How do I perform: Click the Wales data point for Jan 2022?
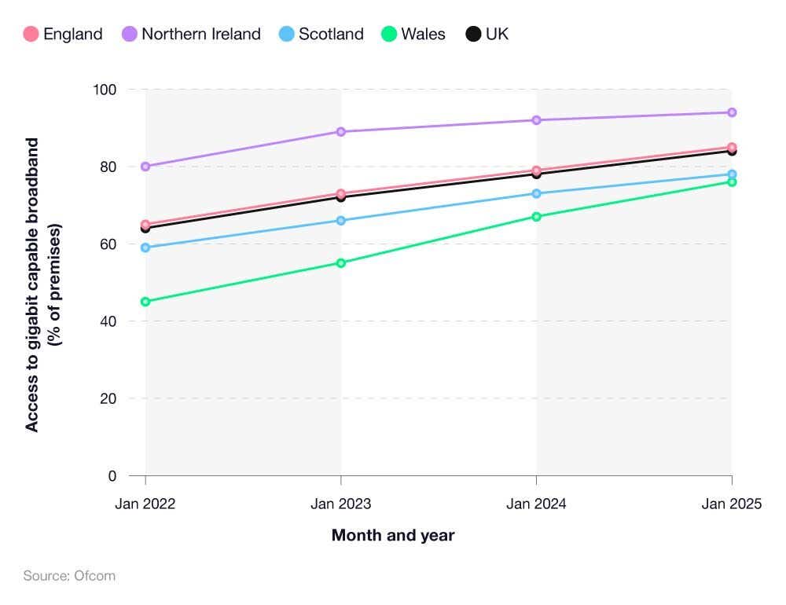(x=145, y=302)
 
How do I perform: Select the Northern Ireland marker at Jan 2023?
(x=341, y=132)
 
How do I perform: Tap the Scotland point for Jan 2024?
(x=536, y=193)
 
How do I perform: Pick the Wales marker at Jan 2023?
(x=341, y=263)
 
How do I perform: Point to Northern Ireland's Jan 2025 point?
(x=732, y=112)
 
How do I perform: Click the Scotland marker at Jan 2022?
(x=145, y=247)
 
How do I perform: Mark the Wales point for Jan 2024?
(x=536, y=217)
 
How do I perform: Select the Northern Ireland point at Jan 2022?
(x=145, y=167)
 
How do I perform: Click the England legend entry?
(x=64, y=34)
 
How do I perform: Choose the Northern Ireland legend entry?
(x=192, y=34)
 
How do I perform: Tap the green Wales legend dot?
(x=388, y=34)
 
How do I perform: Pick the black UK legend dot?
(x=473, y=34)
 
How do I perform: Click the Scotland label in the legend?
(x=331, y=34)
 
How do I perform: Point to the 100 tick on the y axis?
(x=105, y=90)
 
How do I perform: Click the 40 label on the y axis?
(x=108, y=321)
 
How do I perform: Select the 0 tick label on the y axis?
(x=112, y=476)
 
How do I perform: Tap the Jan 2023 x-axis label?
(x=341, y=504)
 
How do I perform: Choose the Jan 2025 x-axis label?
(x=732, y=504)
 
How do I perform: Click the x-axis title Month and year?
(x=393, y=536)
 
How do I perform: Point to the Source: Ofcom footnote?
(x=69, y=576)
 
